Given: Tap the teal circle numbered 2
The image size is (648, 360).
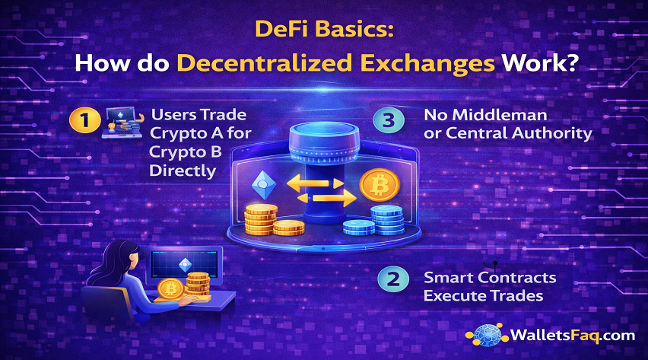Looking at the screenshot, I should tap(392, 279).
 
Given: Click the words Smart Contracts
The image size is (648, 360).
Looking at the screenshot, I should tap(490, 278).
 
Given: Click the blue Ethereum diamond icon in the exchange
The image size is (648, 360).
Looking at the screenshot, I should tap(263, 184).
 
